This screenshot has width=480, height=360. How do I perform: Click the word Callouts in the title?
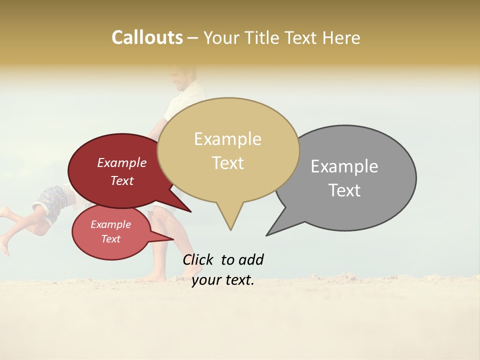[x=147, y=37]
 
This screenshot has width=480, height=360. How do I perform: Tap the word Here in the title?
[x=341, y=38]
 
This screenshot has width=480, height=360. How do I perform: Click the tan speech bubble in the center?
[x=228, y=150]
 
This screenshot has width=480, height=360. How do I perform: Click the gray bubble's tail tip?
[x=267, y=234]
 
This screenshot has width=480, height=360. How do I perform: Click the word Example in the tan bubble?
[x=227, y=138]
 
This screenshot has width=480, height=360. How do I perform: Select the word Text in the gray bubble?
[x=344, y=190]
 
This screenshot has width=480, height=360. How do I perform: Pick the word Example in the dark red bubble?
[x=122, y=162]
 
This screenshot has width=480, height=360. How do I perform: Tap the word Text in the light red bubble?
[x=111, y=239]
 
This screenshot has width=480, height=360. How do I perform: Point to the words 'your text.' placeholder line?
[x=223, y=280]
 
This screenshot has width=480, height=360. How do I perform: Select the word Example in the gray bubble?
[x=344, y=166]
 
